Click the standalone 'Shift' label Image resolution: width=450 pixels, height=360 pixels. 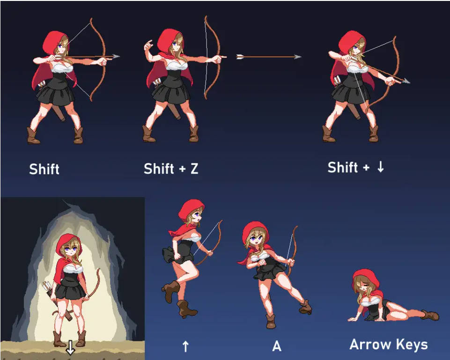pyautogui.click(x=44, y=169)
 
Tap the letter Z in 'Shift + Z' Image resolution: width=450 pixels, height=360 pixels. pyautogui.click(x=194, y=169)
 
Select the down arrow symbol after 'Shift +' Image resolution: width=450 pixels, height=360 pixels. pyautogui.click(x=381, y=167)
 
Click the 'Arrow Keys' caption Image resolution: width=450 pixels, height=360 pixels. pyautogui.click(x=389, y=344)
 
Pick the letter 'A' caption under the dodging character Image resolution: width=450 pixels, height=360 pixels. pyautogui.click(x=277, y=346)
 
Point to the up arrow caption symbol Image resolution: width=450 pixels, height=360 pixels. pyautogui.click(x=186, y=346)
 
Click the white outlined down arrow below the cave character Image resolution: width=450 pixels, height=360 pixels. pyautogui.click(x=70, y=347)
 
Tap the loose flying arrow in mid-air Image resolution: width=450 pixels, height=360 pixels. pyautogui.click(x=269, y=57)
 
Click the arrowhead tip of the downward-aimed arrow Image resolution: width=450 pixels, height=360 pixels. pyautogui.click(x=410, y=82)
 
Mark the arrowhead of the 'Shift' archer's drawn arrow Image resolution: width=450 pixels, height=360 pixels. pyautogui.click(x=116, y=56)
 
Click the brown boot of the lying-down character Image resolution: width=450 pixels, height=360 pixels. pyautogui.click(x=430, y=315)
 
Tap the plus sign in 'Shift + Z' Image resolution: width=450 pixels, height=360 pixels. pyautogui.click(x=182, y=169)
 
